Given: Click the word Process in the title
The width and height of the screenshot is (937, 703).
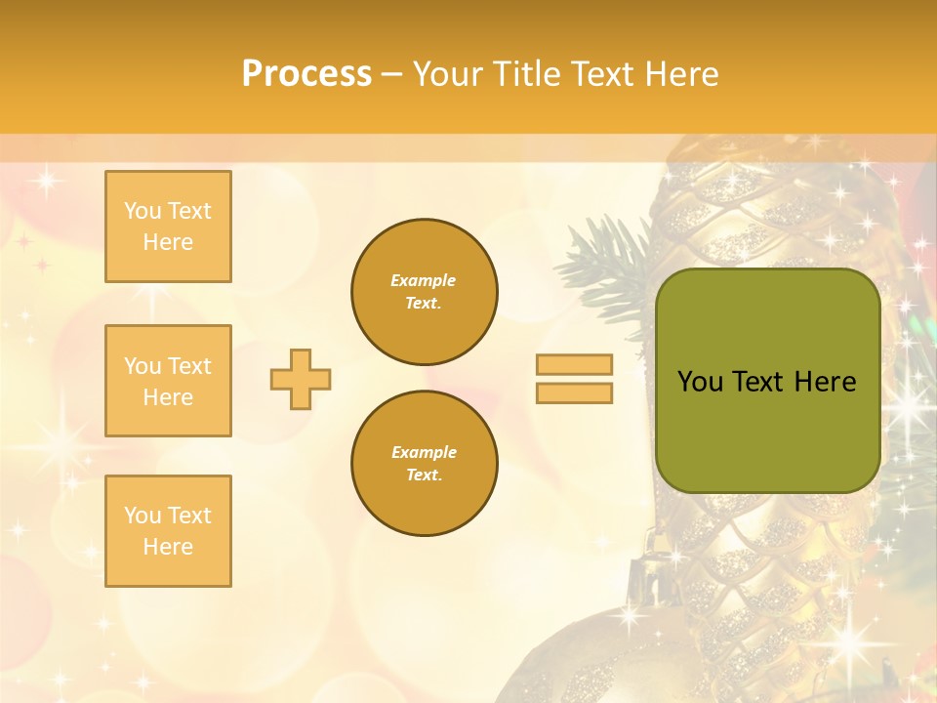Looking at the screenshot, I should (x=306, y=74).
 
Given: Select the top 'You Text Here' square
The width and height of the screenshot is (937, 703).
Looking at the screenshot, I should (x=168, y=227).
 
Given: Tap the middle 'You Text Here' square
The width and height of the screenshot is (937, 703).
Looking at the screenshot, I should (x=168, y=381).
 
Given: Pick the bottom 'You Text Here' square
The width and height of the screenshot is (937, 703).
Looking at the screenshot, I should (x=168, y=531).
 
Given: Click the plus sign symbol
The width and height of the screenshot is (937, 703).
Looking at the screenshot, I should (x=301, y=379).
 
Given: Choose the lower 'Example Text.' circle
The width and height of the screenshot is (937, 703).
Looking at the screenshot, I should (x=424, y=464).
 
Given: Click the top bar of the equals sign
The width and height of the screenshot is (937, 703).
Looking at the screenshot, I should (x=574, y=365).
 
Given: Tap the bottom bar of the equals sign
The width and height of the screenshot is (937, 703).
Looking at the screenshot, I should (x=574, y=393).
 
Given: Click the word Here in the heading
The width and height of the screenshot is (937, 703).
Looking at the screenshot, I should (x=679, y=74).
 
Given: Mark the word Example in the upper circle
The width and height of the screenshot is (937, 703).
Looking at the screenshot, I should (x=424, y=280).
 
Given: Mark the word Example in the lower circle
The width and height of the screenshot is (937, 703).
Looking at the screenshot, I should (x=424, y=452).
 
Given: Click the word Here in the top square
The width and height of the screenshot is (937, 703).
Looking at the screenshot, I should (x=168, y=242).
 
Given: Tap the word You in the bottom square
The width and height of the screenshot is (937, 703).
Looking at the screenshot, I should (x=142, y=516).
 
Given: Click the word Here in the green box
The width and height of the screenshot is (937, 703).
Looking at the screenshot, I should (x=825, y=382).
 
